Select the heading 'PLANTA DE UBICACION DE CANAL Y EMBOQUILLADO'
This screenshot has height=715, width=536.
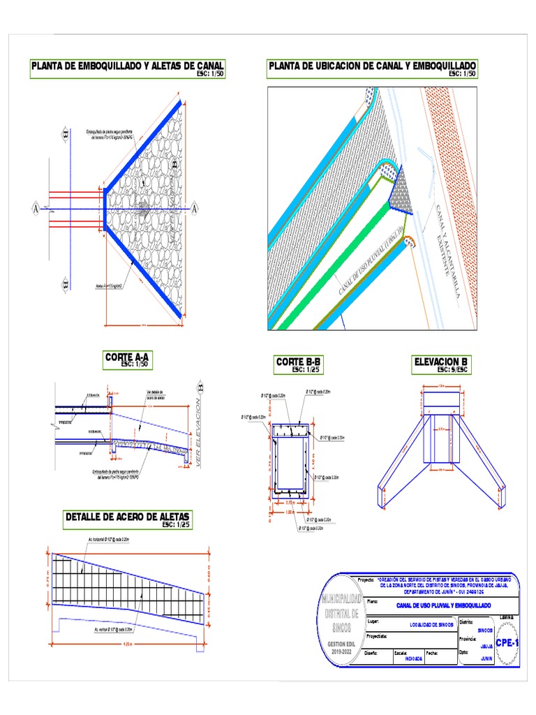coord(373,66)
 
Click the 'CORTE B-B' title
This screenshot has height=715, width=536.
coord(299,362)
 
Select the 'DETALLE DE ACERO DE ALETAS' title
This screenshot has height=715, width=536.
coord(127,517)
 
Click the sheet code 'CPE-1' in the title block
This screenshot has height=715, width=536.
coord(507,643)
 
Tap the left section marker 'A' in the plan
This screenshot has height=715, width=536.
coord(34,208)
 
